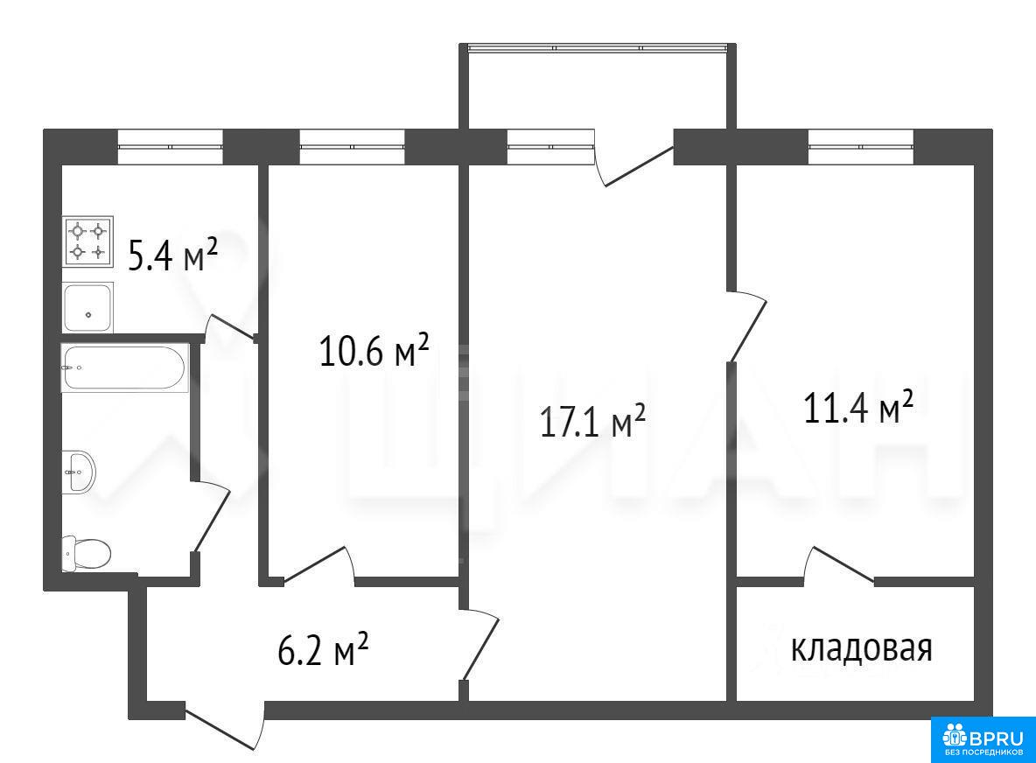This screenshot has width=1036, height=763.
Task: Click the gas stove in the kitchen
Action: coord(87,241)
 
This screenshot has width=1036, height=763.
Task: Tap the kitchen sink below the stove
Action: coord(87,307)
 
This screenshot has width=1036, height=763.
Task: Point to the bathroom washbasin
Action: coord(79,472)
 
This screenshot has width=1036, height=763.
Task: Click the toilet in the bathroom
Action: coord(86,554)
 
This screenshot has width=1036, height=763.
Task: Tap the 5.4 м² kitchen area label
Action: coord(172,255)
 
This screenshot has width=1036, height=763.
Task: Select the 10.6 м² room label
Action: coord(374,349)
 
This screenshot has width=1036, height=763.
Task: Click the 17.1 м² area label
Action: coord(592,422)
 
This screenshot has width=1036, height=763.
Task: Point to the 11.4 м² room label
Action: coord(858,407)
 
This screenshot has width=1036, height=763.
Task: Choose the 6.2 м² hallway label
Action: coord(323,650)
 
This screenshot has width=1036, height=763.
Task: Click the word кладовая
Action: coord(862,648)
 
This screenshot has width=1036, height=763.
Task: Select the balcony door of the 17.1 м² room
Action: coord(634,158)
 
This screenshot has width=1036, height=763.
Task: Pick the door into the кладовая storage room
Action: coord(839,566)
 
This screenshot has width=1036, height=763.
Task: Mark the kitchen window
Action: coord(171,147)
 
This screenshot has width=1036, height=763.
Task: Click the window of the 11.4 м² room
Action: coord(861,147)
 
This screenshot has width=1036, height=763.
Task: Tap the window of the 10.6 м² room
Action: coord(352,147)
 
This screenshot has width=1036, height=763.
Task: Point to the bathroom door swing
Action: coord(211,516)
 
